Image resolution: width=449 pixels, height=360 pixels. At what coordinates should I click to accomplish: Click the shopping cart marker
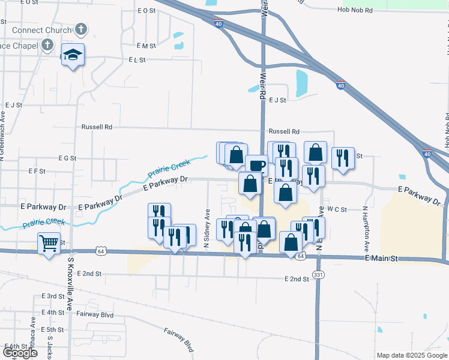tap(49, 244)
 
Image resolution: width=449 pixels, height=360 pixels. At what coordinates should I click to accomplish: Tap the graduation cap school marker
tap(73, 55)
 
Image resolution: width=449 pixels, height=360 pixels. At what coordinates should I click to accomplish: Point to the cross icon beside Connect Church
tap(80, 29)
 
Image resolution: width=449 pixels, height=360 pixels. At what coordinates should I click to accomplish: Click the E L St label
tap(137, 60)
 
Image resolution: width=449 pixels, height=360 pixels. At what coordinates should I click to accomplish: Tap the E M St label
tap(146, 46)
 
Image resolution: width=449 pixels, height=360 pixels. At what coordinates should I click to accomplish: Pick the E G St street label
tap(67, 158)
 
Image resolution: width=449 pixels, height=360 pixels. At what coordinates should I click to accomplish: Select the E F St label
tap(37, 171)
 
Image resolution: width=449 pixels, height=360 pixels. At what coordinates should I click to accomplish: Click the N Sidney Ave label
tap(207, 229)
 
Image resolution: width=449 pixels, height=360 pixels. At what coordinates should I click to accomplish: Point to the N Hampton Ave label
tap(364, 229)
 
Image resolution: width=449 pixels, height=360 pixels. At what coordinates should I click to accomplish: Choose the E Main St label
tap(381, 258)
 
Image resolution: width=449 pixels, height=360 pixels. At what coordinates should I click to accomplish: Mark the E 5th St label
tap(53, 330)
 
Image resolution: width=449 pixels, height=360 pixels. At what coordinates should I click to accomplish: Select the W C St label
tap(337, 209)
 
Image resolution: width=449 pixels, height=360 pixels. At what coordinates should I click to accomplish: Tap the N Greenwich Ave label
tap(3, 134)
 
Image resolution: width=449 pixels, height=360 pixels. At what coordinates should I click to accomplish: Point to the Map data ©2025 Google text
tap(411, 355)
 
